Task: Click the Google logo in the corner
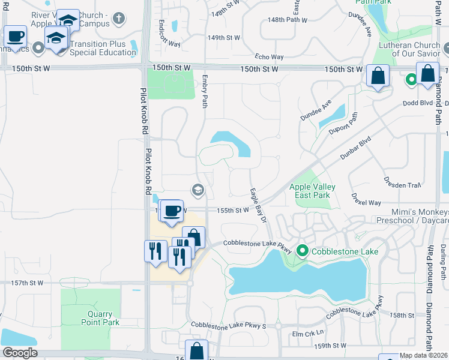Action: click(x=19, y=353)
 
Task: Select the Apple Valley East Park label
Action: click(x=312, y=191)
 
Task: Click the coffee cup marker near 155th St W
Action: click(x=172, y=212)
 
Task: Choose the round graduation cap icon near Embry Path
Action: click(x=197, y=191)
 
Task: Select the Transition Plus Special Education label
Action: click(x=103, y=48)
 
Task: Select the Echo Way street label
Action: click(x=270, y=57)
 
